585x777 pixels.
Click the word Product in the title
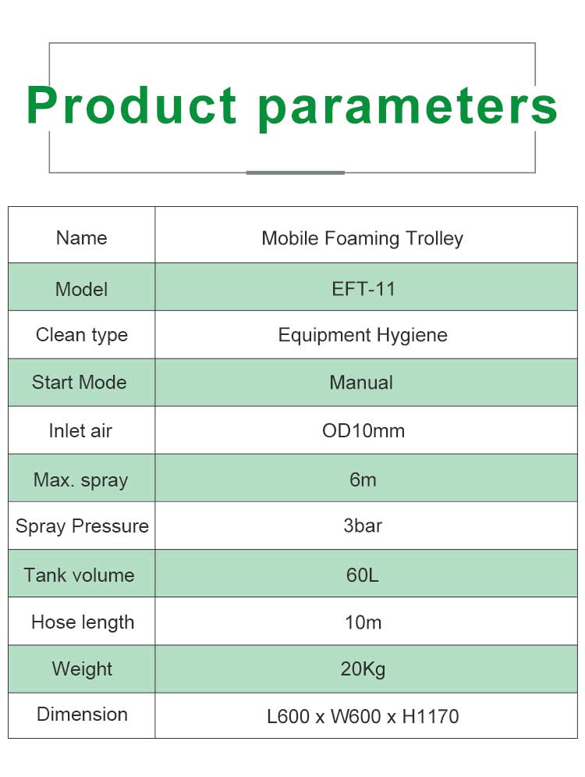pos(132,105)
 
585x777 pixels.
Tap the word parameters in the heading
pos(408,109)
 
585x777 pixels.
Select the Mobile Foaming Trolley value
pos(362,238)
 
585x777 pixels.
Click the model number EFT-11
pos(363,289)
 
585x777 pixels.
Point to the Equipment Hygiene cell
pos(363,336)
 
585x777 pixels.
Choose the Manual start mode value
pos(361,383)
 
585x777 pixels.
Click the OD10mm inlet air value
pos(363,430)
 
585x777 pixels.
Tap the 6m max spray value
pos(363,479)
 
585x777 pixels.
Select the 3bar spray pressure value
pos(363,526)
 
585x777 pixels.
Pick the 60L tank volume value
pos(362,575)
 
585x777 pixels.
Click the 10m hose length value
pos(363,622)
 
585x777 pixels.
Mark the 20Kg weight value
pos(363,669)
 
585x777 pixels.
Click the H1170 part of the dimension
pos(430,716)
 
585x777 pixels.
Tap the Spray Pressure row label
pos(82,526)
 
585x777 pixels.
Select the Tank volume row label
pos(80,575)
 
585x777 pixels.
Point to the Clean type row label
pos(82,336)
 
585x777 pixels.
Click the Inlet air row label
pos(80,430)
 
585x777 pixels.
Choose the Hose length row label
pos(83,622)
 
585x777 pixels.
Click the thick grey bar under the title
pos(295,173)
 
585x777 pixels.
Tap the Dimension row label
pos(82,714)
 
